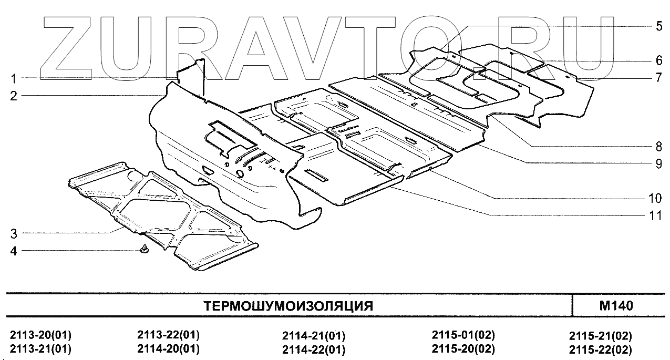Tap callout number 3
[14, 233]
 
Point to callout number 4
[14, 251]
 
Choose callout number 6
[658, 60]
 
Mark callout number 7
[658, 78]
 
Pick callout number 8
[658, 146]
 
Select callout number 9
[658, 163]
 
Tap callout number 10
[654, 198]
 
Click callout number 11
[654, 215]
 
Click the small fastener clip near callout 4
[145, 249]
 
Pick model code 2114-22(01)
[314, 349]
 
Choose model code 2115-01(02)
[463, 335]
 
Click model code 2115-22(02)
[600, 349]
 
